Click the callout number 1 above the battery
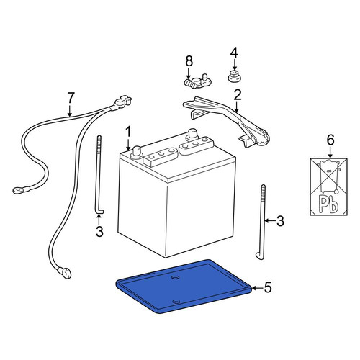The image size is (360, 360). click(128, 132)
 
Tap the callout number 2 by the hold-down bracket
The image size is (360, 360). click(237, 95)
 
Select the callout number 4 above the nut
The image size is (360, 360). click(234, 53)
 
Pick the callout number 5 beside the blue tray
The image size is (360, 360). click(268, 287)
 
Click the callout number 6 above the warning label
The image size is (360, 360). click(330, 140)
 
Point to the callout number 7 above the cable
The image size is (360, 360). click(71, 98)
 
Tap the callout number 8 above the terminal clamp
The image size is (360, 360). click(189, 61)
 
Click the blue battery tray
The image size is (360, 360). click(184, 287)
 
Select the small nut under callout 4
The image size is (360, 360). click(234, 76)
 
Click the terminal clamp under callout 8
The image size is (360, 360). click(197, 81)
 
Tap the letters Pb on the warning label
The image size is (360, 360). click(328, 204)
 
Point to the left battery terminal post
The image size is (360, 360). click(137, 152)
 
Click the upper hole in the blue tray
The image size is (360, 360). click(176, 277)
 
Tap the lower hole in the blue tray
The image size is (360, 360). click(177, 302)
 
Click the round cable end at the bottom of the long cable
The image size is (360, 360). click(64, 273)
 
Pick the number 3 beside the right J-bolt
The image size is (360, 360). click(280, 221)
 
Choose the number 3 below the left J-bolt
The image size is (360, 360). click(99, 231)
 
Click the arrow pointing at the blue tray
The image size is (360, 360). click(257, 287)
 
